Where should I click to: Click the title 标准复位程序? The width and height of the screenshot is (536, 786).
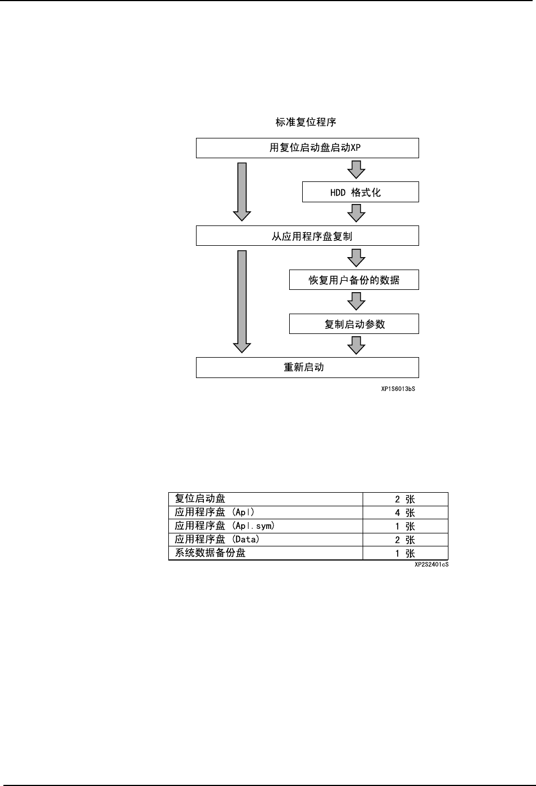pyautogui.click(x=306, y=122)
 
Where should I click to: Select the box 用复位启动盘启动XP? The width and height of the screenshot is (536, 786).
pyautogui.click(x=307, y=148)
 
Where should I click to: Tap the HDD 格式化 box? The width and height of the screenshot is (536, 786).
pyautogui.click(x=360, y=192)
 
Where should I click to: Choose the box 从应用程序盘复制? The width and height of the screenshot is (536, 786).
pyautogui.click(x=307, y=236)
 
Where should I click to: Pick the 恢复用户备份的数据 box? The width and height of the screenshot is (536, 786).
pyautogui.click(x=354, y=280)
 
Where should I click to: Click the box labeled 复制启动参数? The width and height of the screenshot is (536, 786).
pyautogui.click(x=354, y=324)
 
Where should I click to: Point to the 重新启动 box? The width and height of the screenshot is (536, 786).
pyautogui.click(x=307, y=367)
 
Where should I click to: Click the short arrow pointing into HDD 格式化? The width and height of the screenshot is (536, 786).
pyautogui.click(x=356, y=170)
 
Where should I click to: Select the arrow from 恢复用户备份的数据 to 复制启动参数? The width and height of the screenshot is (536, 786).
pyautogui.click(x=356, y=302)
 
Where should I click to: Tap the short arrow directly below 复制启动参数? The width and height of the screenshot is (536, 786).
pyautogui.click(x=356, y=345)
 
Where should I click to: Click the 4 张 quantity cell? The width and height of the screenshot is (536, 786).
pyautogui.click(x=405, y=513)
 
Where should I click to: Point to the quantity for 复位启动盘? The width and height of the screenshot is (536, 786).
pyautogui.click(x=405, y=499)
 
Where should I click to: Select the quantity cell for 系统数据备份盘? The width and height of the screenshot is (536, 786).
pyautogui.click(x=405, y=554)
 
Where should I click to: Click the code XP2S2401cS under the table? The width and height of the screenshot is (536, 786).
pyautogui.click(x=431, y=564)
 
